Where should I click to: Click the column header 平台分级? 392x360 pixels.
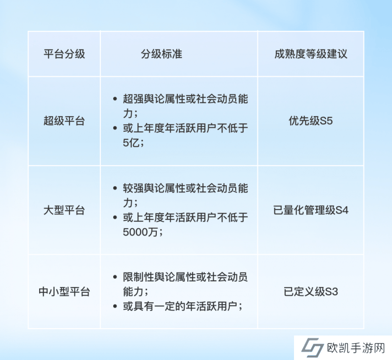click(x=64, y=54)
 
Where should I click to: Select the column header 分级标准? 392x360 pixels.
click(x=162, y=54)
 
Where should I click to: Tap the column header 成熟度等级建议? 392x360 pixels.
click(x=311, y=54)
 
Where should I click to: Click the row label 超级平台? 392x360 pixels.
click(x=64, y=121)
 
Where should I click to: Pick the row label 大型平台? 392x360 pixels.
click(x=64, y=210)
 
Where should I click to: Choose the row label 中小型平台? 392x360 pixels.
click(x=64, y=291)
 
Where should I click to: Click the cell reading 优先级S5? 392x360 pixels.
click(x=311, y=121)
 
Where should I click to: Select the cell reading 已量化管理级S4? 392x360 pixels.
click(x=311, y=210)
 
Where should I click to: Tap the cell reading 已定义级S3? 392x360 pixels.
click(x=311, y=291)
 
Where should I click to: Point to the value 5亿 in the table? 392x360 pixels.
click(x=131, y=143)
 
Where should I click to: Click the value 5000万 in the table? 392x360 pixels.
click(x=140, y=232)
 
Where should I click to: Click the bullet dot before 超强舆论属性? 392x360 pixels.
click(x=115, y=99)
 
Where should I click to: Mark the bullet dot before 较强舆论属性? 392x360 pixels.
click(x=115, y=188)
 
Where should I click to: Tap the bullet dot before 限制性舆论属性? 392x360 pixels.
click(x=115, y=277)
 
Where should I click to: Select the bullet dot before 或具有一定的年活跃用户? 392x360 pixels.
click(x=115, y=306)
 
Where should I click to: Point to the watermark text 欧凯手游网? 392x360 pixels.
click(x=356, y=348)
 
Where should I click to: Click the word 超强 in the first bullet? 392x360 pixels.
click(x=133, y=99)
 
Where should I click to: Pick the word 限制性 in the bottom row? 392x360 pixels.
click(x=139, y=277)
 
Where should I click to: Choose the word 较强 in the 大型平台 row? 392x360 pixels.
click(x=133, y=188)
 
